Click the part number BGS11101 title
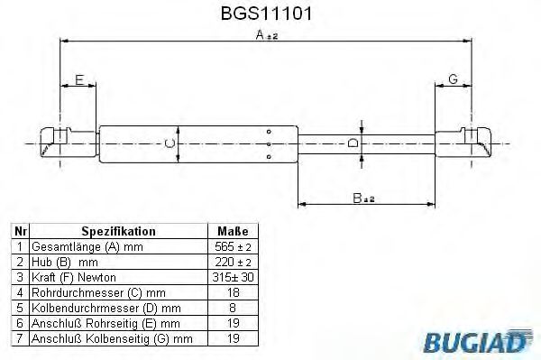coord(269,14)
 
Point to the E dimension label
coord(78,80)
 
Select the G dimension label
coord(453,80)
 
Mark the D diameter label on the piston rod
coord(354,143)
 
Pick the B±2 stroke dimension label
coord(363,199)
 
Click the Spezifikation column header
coord(119,231)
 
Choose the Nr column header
coord(18,231)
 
